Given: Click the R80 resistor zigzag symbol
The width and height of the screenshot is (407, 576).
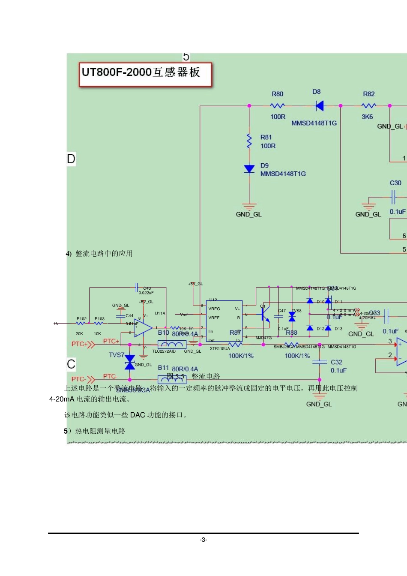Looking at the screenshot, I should point(278,105).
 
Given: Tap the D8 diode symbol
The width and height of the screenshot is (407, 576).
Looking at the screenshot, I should point(319,105).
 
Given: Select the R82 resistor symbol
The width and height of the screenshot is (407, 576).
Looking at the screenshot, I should point(368,105).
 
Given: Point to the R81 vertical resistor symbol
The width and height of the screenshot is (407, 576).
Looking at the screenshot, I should point(249,141).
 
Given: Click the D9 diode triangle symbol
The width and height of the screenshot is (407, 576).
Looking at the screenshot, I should point(249,169).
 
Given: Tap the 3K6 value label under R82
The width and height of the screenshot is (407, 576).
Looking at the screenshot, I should point(367,117).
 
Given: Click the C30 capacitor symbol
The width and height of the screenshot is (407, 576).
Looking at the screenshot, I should point(393,198).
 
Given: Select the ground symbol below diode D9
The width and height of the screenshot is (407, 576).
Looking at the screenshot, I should point(249,207).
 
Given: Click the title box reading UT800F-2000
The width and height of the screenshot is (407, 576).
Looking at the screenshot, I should point(145,74).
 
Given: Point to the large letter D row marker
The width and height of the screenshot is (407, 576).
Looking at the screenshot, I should point(71,159).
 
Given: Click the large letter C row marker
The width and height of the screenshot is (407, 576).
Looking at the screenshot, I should point(71,364).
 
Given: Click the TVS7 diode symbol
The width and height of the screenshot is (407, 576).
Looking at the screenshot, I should point(130,362).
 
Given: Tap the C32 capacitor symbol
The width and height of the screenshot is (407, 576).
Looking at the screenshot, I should point(320,363).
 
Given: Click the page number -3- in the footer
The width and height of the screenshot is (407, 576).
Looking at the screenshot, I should point(203,540).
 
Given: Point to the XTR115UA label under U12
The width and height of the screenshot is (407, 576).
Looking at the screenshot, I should point(220,349).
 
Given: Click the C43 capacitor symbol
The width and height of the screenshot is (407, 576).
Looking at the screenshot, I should point(137,288).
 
